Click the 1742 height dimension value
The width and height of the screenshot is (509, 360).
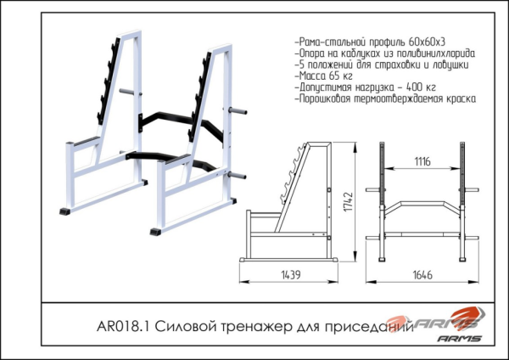[x=349, y=202]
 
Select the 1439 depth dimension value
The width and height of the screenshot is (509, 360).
[x=291, y=275]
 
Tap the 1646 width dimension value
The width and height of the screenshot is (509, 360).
[x=422, y=275]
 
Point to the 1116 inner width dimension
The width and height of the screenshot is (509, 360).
[x=422, y=161]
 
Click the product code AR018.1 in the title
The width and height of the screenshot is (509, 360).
[x=123, y=326]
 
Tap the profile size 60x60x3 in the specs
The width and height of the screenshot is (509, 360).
[x=427, y=42]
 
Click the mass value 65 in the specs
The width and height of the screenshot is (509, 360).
[x=334, y=76]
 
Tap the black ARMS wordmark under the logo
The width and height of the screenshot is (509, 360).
[x=459, y=339]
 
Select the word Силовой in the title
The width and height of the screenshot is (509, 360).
[x=185, y=326]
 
